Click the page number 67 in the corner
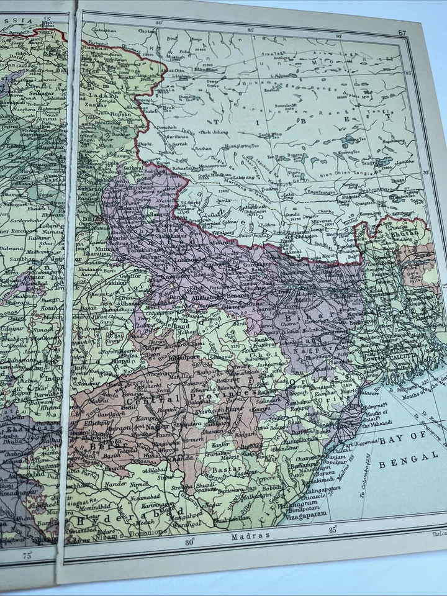point(402,33)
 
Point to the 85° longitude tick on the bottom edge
point(333,530)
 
